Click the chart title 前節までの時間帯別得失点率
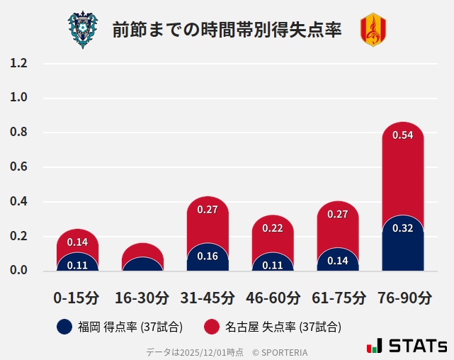coord(227,30)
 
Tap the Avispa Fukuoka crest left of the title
coord(83,30)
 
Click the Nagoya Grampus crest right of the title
coord(373,30)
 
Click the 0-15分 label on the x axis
coord(76,298)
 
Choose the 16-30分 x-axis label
coord(142,298)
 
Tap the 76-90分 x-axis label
coord(403,298)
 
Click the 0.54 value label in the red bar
coord(402,135)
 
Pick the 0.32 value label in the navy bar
coord(402,228)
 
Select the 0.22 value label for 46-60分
coord(273,228)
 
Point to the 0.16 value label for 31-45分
coord(208,256)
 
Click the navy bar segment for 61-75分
coord(338,261)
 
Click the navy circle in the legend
coord(64,327)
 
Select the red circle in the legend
coord(211,327)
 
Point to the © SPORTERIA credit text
coord(280,351)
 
